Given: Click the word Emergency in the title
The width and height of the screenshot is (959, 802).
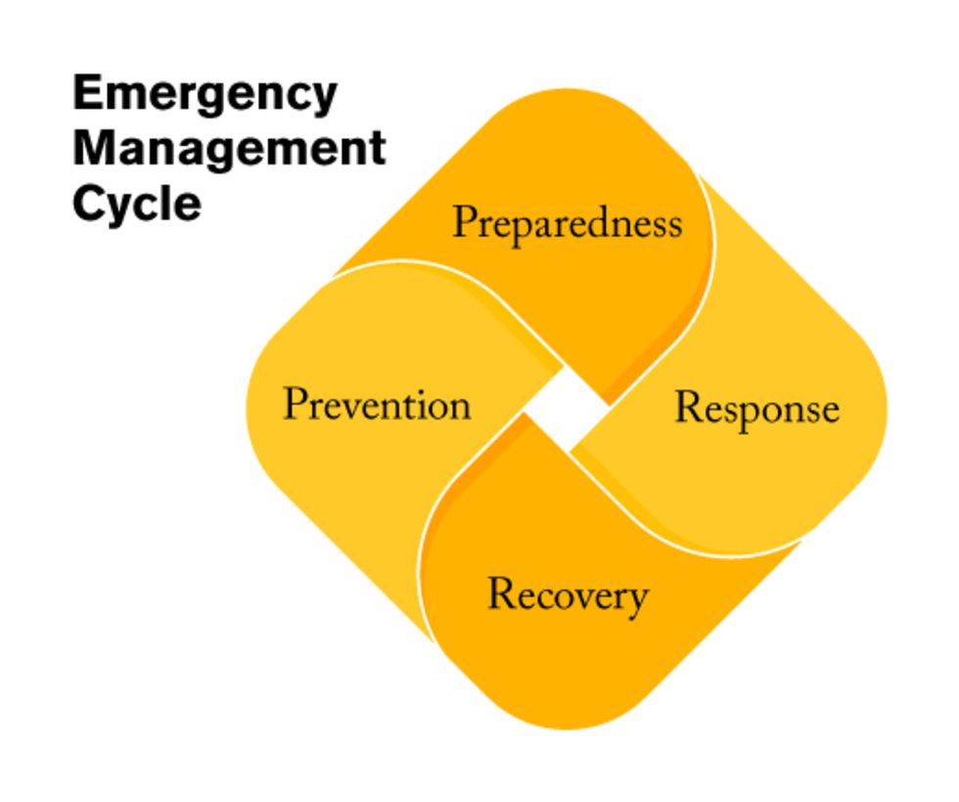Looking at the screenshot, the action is (205, 94).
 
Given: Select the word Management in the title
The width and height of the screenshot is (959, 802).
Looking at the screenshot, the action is (229, 149).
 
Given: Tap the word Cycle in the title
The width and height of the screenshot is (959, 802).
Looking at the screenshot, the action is (137, 204).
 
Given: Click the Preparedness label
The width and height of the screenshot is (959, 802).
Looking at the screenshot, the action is (567, 224).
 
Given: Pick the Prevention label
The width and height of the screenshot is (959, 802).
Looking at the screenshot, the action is (377, 404).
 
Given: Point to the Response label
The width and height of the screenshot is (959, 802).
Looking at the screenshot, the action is (757, 409).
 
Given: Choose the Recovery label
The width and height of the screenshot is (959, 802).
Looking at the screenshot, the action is (568, 595).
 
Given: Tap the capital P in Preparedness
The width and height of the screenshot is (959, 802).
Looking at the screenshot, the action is (465, 221).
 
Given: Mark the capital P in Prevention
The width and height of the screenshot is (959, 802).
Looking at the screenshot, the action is (296, 402).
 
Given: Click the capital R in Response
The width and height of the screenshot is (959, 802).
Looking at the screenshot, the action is (689, 406).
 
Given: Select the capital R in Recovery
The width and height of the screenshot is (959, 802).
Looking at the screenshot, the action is (502, 592).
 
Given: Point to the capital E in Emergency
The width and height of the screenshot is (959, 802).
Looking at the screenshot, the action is (87, 92).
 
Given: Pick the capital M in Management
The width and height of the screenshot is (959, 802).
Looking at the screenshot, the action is (94, 148).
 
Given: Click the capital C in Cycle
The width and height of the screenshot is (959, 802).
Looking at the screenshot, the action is (89, 203).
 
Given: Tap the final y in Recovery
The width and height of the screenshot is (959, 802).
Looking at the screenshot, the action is (637, 602).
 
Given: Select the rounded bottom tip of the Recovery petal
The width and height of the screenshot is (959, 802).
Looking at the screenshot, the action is (567, 729).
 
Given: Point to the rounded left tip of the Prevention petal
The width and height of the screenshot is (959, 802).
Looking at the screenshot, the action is (247, 408).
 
